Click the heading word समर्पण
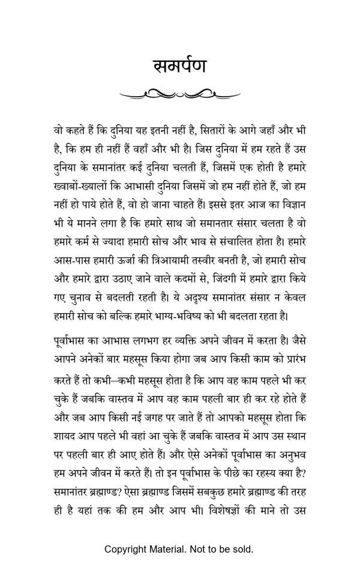179,65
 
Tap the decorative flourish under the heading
179,93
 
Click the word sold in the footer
241,549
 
